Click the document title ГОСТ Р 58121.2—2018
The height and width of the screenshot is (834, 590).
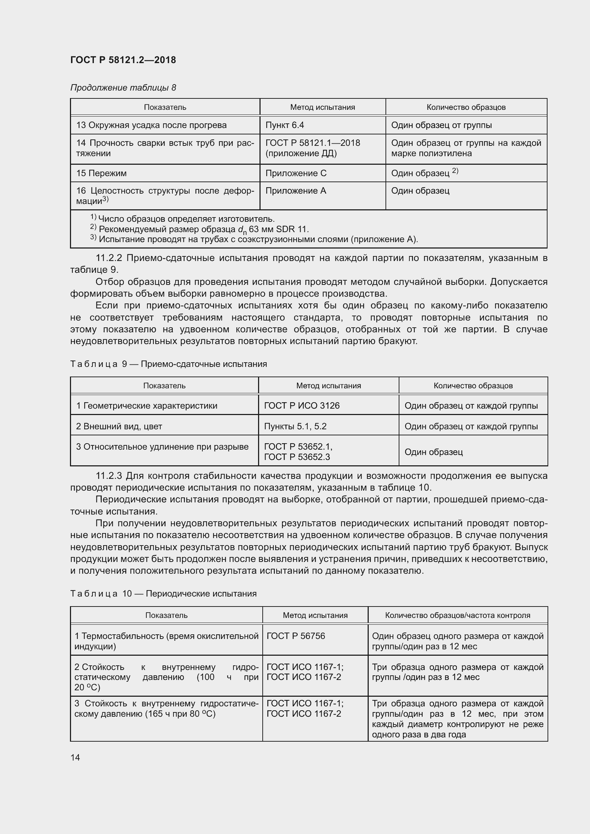123,60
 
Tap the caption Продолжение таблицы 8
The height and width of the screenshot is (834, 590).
123,88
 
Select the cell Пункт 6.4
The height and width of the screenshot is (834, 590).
284,125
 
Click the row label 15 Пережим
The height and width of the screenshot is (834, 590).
101,173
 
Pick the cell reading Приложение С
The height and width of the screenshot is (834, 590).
296,173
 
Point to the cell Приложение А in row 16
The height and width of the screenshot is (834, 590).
296,191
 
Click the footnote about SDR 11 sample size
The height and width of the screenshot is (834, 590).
203,229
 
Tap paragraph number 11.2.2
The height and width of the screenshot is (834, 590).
109,258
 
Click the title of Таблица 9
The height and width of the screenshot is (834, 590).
168,364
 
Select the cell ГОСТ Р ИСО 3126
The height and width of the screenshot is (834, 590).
302,405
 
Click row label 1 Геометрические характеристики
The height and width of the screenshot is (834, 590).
146,405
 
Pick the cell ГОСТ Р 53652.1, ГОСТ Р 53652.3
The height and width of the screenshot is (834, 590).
298,451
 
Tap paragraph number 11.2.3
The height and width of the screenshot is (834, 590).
109,476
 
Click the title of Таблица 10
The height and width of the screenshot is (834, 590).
163,594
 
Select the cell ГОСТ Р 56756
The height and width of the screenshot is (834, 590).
296,636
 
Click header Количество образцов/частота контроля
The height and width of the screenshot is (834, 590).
457,615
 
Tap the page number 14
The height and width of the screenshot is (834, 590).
75,757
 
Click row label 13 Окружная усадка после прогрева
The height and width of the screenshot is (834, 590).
151,125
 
